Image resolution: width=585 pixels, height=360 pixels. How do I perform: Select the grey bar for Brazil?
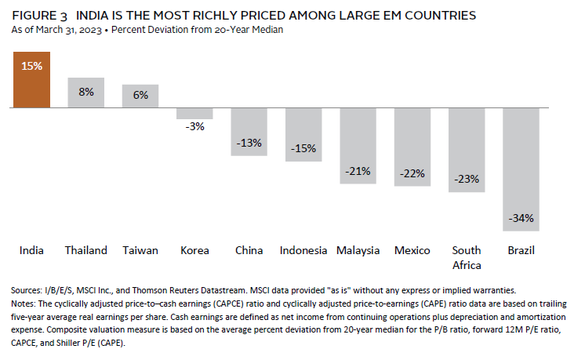pyautogui.click(x=521, y=180)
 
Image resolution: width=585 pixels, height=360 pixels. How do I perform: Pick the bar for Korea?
pyautogui.click(x=194, y=113)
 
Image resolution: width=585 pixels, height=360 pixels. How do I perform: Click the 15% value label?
pyautogui.click(x=31, y=66)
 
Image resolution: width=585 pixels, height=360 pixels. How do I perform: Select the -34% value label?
pyautogui.click(x=521, y=217)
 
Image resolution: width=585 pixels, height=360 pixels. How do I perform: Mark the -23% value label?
pyautogui.click(x=467, y=178)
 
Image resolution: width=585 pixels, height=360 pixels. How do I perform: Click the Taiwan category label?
pyautogui.click(x=140, y=250)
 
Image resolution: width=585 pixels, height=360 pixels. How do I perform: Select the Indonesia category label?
pyautogui.click(x=303, y=250)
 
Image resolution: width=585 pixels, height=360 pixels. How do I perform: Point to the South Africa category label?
pyautogui.click(x=467, y=257)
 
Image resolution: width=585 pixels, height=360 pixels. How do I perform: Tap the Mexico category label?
pyautogui.click(x=412, y=250)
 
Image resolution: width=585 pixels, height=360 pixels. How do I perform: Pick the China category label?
pyautogui.click(x=249, y=250)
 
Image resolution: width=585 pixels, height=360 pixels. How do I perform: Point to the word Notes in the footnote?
pyautogui.click(x=27, y=303)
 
